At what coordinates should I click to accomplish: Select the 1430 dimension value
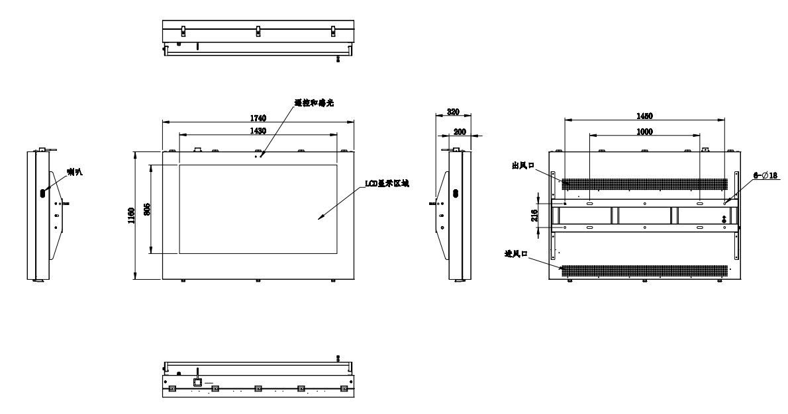[x=258, y=131]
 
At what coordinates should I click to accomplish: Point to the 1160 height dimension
[x=132, y=216]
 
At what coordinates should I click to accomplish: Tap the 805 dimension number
[x=146, y=210]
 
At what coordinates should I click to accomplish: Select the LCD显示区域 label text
[x=387, y=184]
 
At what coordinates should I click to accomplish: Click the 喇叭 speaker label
[x=74, y=172]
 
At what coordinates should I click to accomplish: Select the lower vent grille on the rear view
[x=643, y=270]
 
